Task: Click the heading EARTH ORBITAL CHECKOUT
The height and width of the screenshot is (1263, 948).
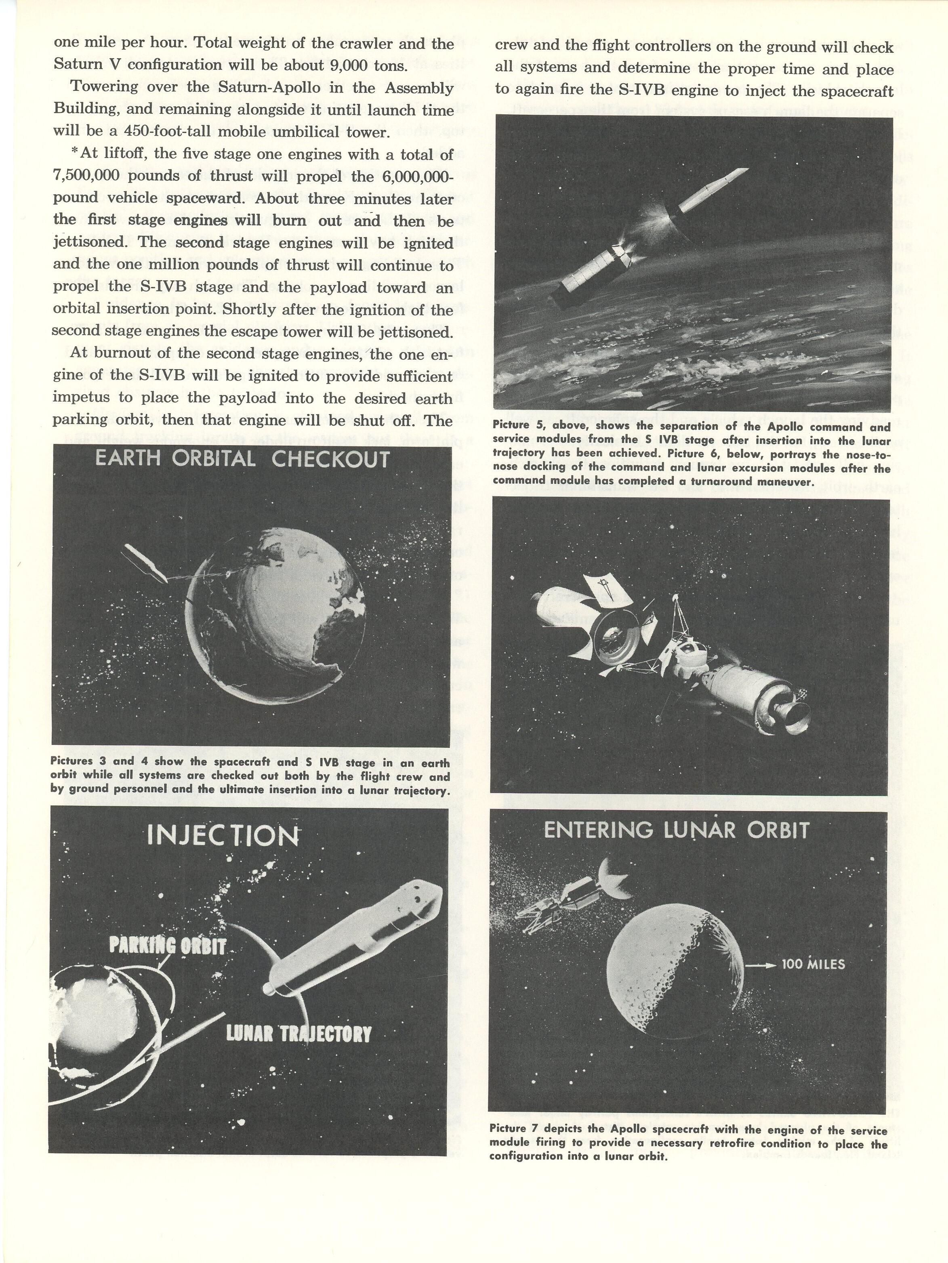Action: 242,460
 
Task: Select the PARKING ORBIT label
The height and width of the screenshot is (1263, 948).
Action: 167,946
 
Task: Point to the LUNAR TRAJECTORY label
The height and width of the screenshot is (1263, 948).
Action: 298,1034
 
